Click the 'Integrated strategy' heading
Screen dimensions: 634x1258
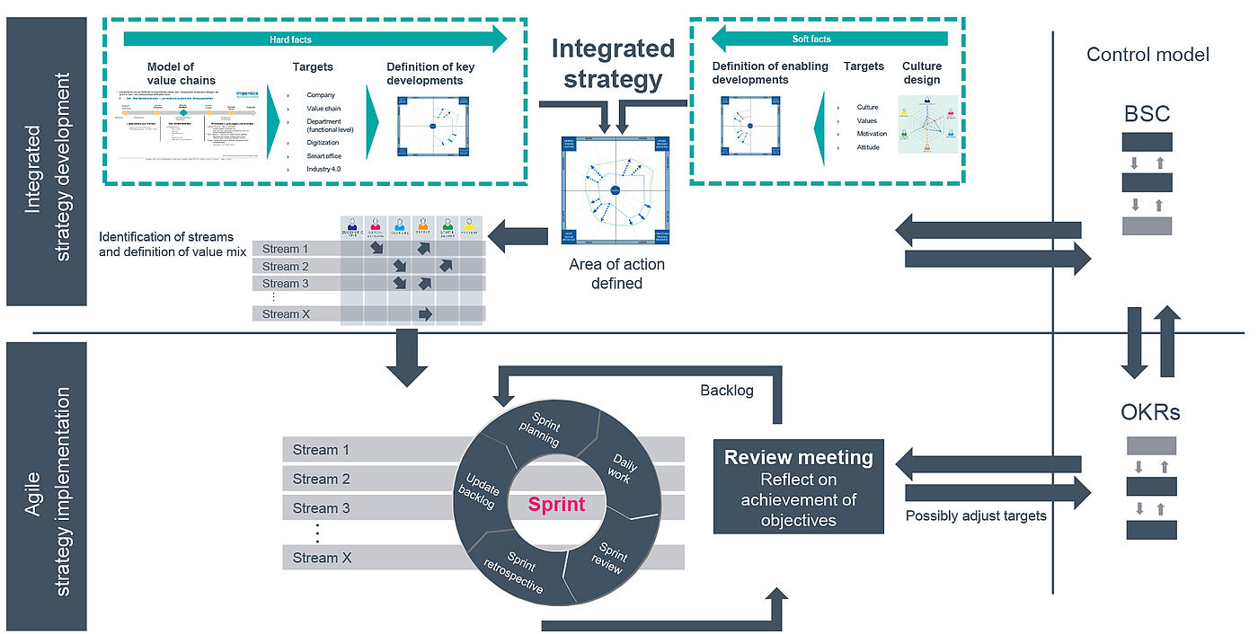(x=612, y=64)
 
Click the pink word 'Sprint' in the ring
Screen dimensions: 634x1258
(x=556, y=504)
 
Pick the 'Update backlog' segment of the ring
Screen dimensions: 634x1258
(x=477, y=491)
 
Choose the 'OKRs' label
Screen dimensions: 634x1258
(x=1151, y=412)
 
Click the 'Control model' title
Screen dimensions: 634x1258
(x=1147, y=55)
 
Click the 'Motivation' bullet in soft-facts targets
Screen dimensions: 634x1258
(x=872, y=134)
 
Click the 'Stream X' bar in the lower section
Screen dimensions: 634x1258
(x=315, y=558)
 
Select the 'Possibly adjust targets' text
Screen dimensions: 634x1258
(x=975, y=515)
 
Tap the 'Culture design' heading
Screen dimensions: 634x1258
(x=922, y=73)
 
